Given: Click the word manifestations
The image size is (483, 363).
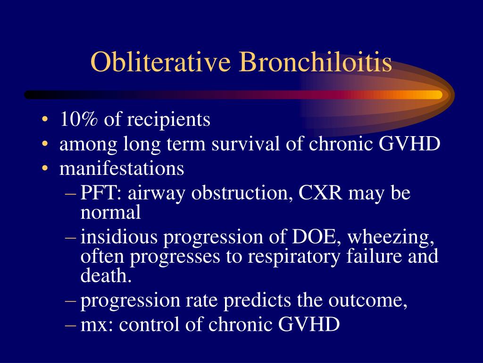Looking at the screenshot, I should [x=122, y=169].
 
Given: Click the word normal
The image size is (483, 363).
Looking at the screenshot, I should [x=110, y=213].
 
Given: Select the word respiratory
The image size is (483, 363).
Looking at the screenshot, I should [x=297, y=257].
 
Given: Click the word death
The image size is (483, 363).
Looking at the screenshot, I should [x=106, y=276].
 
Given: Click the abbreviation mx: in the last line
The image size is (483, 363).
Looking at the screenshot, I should [x=95, y=325].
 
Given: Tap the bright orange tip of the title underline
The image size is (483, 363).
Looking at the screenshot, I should [x=436, y=95].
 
